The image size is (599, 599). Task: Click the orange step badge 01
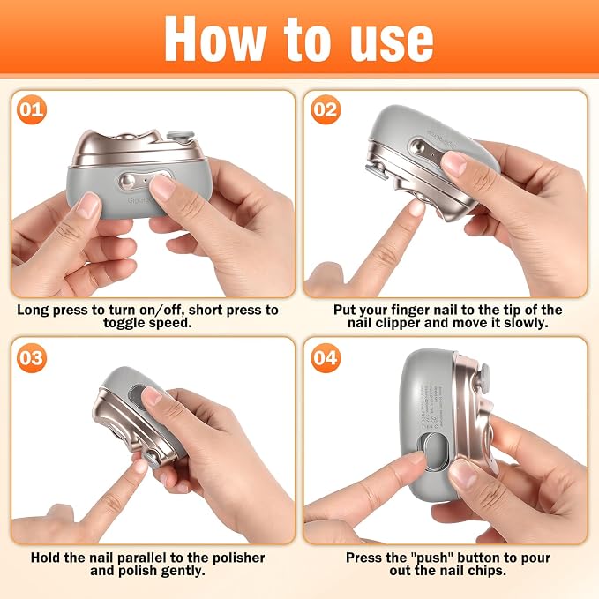coord(32,109)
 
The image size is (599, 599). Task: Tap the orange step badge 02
coord(326,109)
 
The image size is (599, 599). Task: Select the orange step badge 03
coord(32,358)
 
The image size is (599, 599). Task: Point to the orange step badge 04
coord(326,358)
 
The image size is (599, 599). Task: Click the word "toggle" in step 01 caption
coord(124,324)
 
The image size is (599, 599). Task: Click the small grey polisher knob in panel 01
coord(180,137)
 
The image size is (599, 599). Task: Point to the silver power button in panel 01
coord(129,181)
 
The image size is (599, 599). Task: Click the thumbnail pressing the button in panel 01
coord(162,186)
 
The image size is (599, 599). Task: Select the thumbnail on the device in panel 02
coord(453,162)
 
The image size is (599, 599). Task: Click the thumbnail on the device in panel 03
coord(153,395)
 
